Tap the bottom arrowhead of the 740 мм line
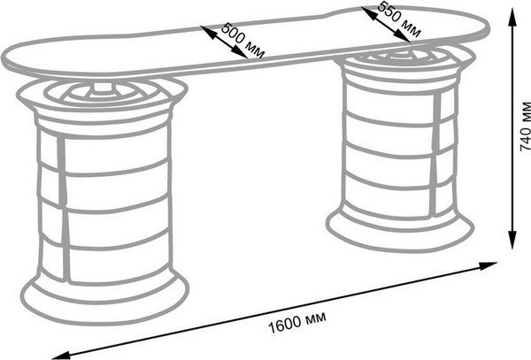pyautogui.click(x=512, y=245)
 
